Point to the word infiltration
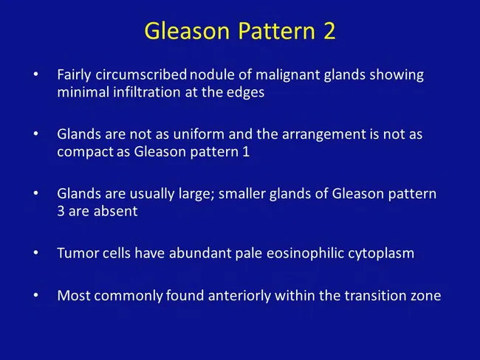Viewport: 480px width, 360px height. click(x=137, y=93)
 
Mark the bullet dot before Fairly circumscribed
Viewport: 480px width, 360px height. click(x=37, y=76)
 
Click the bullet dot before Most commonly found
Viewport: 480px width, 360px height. click(x=37, y=296)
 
